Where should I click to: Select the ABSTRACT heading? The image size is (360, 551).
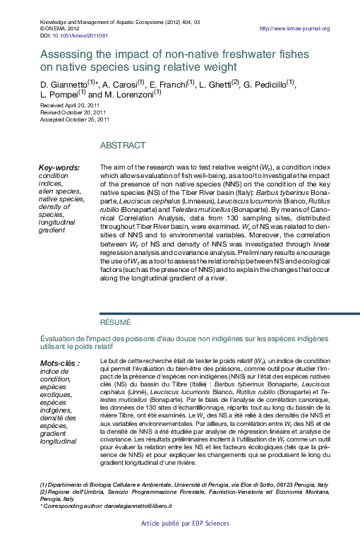pos(123,145)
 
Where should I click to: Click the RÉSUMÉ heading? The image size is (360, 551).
pos(115,322)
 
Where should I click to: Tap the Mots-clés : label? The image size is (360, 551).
pos(60,363)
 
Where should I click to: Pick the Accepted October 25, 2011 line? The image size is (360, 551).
pos(74,119)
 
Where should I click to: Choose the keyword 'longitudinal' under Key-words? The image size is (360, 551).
pos(58,222)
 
